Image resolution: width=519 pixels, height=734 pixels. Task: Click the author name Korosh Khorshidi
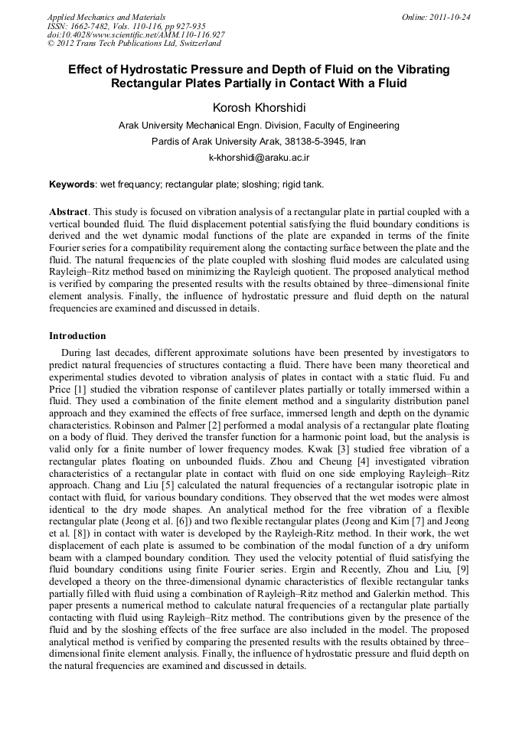pyautogui.click(x=259, y=107)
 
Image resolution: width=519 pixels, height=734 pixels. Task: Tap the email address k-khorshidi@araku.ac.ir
pyautogui.click(x=259, y=157)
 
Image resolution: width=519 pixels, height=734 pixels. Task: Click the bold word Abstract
pyautogui.click(x=69, y=211)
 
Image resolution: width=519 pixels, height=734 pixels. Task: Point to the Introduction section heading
pyautogui.click(x=77, y=336)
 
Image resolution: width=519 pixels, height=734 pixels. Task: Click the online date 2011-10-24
pyautogui.click(x=449, y=17)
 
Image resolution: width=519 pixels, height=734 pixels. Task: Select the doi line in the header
pyautogui.click(x=135, y=35)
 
